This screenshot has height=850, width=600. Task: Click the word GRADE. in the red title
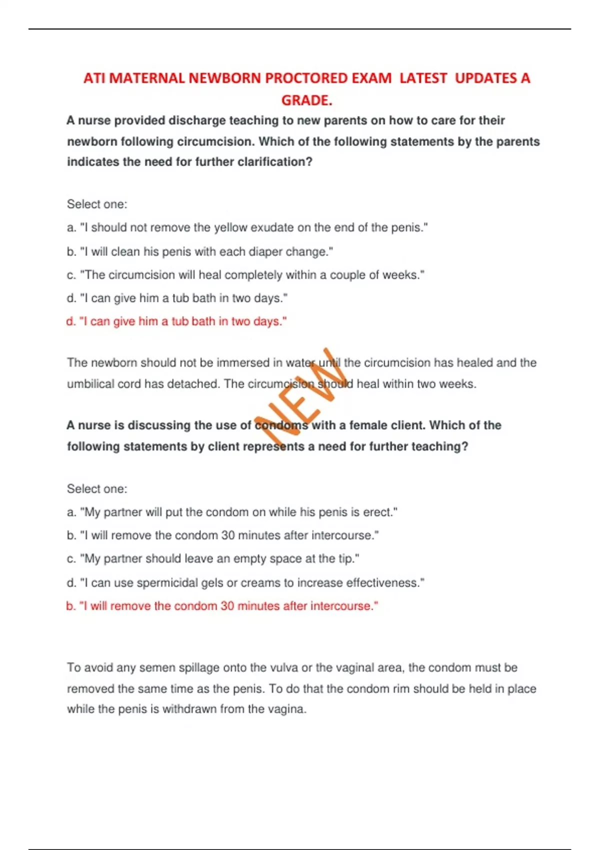[x=306, y=100]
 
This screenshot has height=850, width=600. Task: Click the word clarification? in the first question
[x=274, y=162]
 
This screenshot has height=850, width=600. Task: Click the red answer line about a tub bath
[x=176, y=321]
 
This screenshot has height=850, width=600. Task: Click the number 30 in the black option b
[x=228, y=535]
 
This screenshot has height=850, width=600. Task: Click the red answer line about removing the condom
[x=222, y=606]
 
